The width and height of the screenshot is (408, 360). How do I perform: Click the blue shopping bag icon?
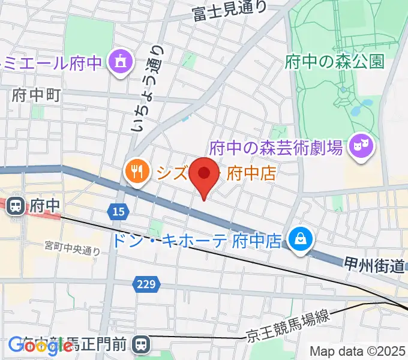click(298, 241)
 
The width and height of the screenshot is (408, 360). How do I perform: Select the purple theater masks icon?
click(361, 145)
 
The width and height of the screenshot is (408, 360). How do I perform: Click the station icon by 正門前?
click(142, 344)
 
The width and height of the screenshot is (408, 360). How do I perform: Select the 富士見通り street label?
click(229, 11)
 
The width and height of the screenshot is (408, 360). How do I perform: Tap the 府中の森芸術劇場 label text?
click(277, 146)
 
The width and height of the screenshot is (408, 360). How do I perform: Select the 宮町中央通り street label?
click(72, 248)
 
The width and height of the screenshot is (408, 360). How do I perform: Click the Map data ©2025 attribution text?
click(358, 351)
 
